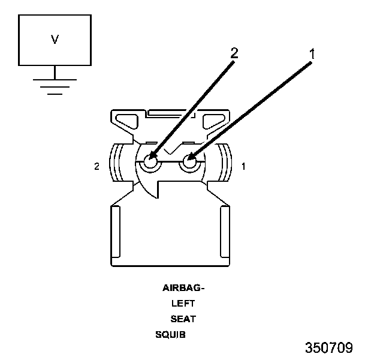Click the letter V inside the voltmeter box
[55, 40]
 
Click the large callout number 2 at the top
[234, 52]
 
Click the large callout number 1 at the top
[312, 53]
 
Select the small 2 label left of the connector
[97, 166]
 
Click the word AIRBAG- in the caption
[183, 287]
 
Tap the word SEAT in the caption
[183, 319]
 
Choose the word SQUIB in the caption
[171, 334]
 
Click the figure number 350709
[328, 348]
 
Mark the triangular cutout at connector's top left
[129, 121]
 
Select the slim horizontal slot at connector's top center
[171, 112]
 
